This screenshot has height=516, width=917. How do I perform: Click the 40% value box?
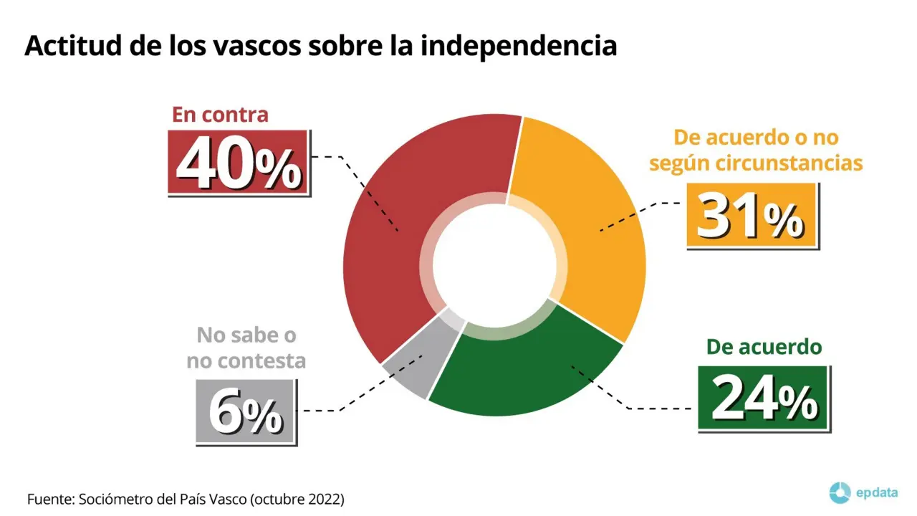click(239, 163)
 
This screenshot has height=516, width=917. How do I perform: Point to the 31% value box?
click(752, 216)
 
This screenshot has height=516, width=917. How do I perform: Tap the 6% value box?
click(245, 411)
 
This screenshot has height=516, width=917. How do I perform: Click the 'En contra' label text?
click(220, 115)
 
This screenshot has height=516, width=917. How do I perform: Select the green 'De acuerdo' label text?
click(764, 348)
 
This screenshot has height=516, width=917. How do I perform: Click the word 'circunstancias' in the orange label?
click(789, 163)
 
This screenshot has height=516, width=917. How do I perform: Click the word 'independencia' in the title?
click(519, 45)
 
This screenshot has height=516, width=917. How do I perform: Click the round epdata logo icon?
click(839, 493)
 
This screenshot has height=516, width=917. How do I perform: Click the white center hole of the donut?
click(494, 265)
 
